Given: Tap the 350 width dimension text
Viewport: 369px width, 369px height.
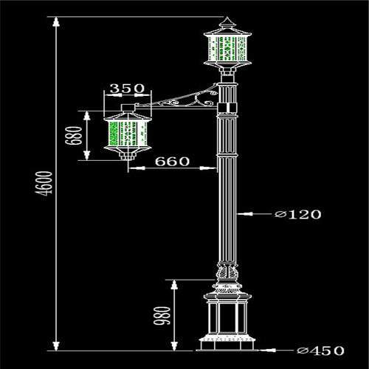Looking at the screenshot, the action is pyautogui.click(x=127, y=89).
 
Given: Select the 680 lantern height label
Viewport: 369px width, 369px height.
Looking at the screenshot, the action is pyautogui.click(x=73, y=136).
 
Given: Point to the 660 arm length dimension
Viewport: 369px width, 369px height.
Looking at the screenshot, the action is pyautogui.click(x=172, y=162).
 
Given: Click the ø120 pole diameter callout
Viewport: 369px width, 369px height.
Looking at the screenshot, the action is pyautogui.click(x=298, y=214).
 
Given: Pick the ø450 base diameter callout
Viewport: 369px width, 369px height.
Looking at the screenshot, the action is pyautogui.click(x=320, y=351).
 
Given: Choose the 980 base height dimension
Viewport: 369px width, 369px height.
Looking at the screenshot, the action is pyautogui.click(x=162, y=316).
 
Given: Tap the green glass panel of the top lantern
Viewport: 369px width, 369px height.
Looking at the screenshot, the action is pyautogui.click(x=227, y=49).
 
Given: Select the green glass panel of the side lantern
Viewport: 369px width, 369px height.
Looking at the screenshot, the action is pyautogui.click(x=128, y=134).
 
